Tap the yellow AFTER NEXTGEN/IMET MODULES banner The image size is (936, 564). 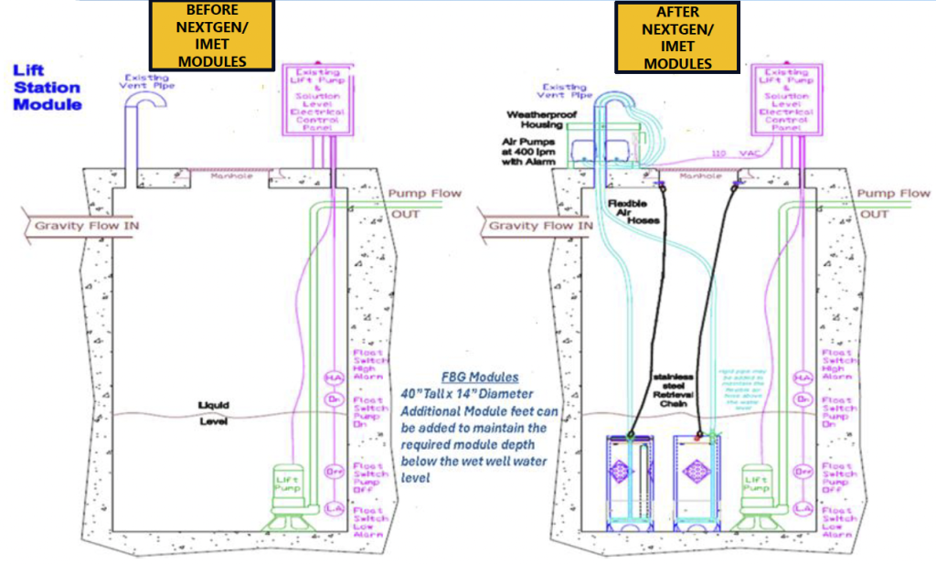point(677,37)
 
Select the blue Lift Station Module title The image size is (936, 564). point(47,88)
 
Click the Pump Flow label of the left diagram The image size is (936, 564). point(424,193)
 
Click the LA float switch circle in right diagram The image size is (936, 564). point(803,506)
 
